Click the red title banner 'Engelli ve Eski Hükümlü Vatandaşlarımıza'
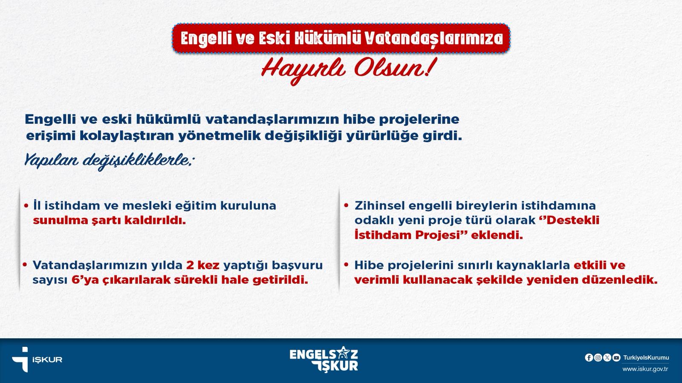point(341,38)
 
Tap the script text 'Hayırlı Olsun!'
point(347,71)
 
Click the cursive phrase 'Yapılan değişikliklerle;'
point(108,161)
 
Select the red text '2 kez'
point(203,266)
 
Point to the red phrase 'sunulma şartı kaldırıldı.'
point(109,220)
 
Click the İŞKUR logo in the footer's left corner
point(37,359)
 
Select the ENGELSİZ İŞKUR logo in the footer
point(324,359)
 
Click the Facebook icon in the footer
point(589,358)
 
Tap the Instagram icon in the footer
point(598,358)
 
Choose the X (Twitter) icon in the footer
point(607,358)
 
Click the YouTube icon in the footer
point(616,358)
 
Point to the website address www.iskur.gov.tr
point(645,369)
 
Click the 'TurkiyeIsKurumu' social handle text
point(646,358)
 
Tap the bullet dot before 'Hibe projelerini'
point(346,265)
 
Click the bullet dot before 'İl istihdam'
point(26,206)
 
